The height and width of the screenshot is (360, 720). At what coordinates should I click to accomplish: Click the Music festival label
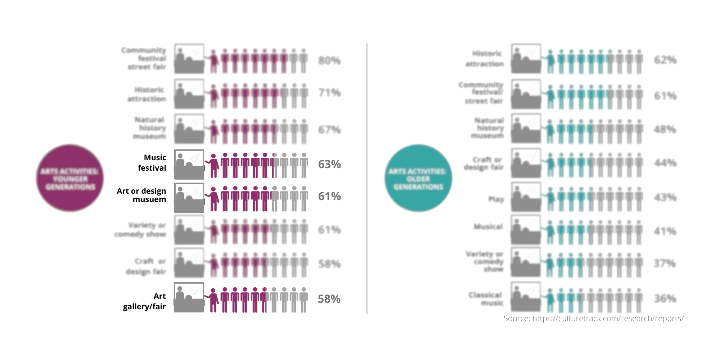(x=152, y=163)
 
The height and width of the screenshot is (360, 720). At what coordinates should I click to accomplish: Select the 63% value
(x=329, y=165)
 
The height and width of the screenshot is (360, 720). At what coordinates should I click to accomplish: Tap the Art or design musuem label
(x=142, y=195)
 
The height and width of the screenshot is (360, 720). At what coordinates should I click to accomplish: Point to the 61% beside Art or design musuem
(x=329, y=197)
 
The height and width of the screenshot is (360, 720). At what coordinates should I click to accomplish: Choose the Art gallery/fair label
(x=145, y=301)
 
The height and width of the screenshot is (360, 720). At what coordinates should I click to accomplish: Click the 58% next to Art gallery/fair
(x=329, y=299)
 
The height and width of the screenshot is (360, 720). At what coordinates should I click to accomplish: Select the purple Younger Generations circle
(x=70, y=178)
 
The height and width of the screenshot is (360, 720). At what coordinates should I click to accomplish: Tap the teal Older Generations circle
(x=418, y=178)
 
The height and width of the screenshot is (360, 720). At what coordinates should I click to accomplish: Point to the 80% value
(x=329, y=60)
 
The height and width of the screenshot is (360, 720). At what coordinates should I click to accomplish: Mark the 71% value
(x=329, y=93)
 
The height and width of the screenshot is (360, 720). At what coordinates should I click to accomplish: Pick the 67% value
(x=329, y=130)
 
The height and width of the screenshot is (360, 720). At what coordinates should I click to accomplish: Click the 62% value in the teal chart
(x=665, y=60)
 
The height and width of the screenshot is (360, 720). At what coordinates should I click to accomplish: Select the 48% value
(x=665, y=130)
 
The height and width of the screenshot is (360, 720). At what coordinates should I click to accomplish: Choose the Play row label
(x=496, y=199)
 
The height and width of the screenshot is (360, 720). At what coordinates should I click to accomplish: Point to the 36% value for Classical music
(x=665, y=298)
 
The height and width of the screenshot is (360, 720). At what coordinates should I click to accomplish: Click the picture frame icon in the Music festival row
(x=189, y=165)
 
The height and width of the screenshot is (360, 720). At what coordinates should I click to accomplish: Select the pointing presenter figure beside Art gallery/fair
(x=212, y=300)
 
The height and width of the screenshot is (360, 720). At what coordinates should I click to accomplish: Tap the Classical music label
(x=486, y=299)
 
